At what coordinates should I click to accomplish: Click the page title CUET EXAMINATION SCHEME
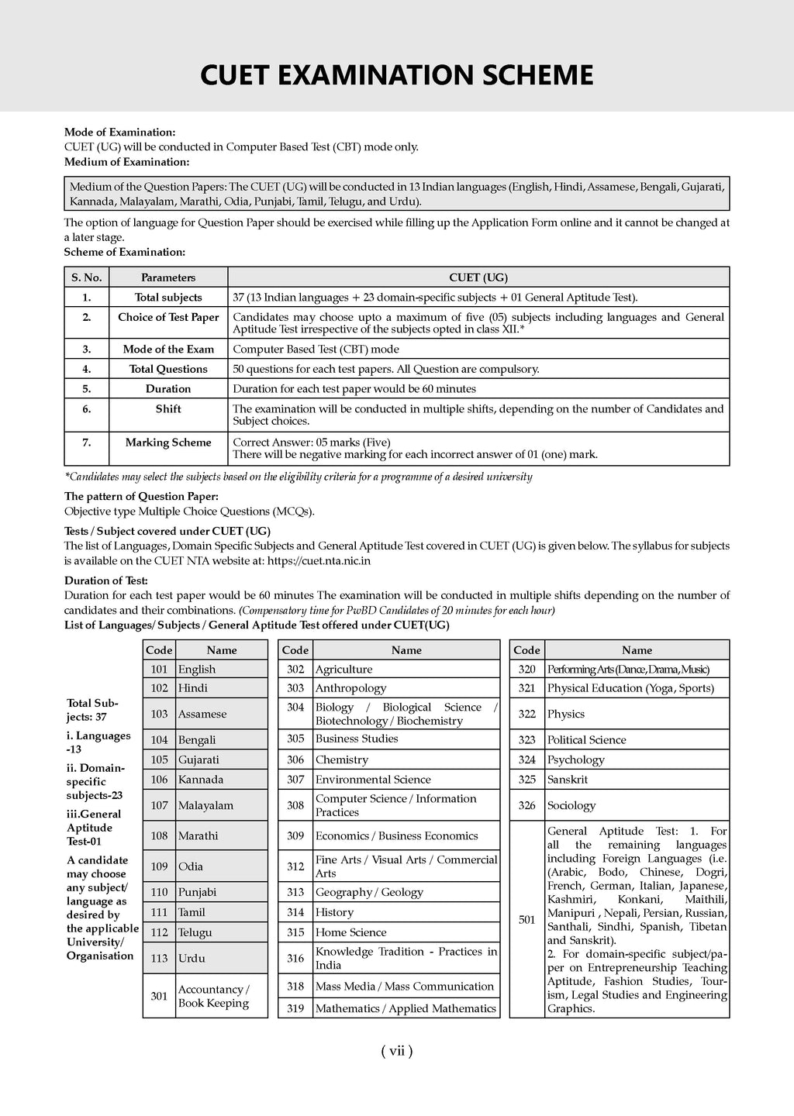pos(397,75)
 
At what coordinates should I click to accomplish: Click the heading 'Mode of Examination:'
pos(119,133)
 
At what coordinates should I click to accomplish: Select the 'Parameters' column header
pos(168,277)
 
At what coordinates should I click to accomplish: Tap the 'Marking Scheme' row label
pos(168,443)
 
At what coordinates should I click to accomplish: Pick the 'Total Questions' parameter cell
pos(168,369)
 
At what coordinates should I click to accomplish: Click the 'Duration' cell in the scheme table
pos(168,389)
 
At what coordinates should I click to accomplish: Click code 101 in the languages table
pos(159,669)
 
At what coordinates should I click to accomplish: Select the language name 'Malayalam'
pos(205,805)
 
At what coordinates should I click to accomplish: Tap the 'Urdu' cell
pos(192,958)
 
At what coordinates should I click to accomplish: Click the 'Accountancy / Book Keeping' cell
pos(214,996)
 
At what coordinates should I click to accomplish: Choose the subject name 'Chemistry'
pos(342,759)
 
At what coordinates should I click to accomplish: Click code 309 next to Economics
pos(295,835)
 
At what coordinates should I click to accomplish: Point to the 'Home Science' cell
pos(350,932)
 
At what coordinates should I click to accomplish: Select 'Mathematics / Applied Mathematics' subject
pos(406,1008)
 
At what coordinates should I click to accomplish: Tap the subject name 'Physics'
pos(566,714)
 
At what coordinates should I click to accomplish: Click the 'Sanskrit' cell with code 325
pos(568,779)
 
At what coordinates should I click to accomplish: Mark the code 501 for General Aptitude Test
pos(527,920)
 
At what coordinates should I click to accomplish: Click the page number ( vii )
pos(397,1051)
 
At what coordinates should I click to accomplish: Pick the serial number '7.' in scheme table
pos(87,443)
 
